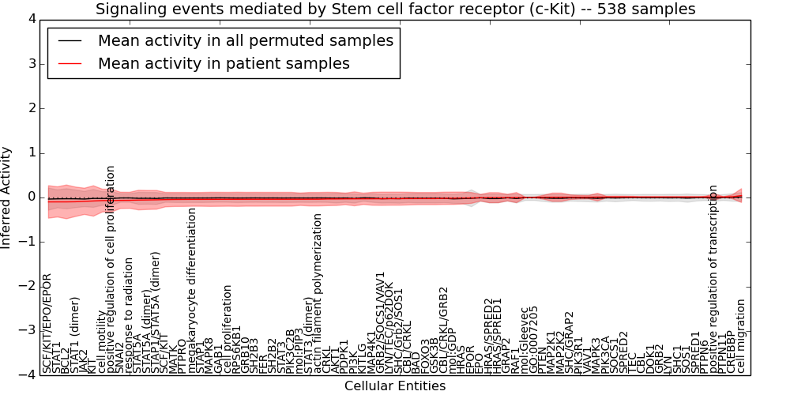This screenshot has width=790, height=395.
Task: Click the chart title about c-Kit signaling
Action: (395, 9)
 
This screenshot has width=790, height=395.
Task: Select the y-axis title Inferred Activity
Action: (7, 197)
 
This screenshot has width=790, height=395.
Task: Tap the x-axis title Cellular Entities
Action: (395, 386)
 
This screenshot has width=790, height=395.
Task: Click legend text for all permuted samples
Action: (246, 40)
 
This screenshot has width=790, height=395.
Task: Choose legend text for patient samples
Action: (224, 63)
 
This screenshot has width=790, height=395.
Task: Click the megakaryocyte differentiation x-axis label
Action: (192, 290)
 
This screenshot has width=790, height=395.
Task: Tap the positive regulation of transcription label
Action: (713, 279)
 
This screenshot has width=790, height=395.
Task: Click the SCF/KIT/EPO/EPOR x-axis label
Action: (47, 323)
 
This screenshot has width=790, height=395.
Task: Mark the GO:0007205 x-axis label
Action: (534, 339)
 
